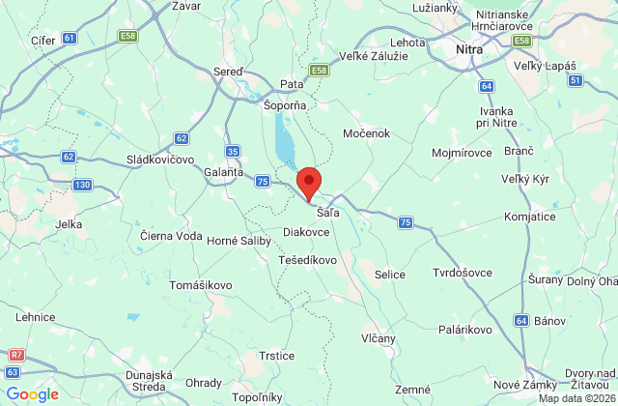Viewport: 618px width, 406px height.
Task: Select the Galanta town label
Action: (x=223, y=171)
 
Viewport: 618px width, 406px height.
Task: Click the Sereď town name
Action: (x=227, y=72)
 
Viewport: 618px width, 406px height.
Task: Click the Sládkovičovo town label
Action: (x=160, y=159)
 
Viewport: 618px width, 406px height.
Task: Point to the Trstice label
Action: (x=276, y=356)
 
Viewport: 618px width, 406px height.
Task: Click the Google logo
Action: (x=33, y=393)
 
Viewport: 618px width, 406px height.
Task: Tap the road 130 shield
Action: (x=82, y=185)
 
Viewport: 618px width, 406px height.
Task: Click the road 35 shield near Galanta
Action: (x=232, y=152)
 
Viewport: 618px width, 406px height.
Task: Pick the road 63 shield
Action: (x=12, y=372)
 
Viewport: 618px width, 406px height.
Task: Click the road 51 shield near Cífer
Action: (x=68, y=38)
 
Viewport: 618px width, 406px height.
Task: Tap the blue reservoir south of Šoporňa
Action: (x=284, y=140)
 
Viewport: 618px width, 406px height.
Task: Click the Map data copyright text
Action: (x=576, y=398)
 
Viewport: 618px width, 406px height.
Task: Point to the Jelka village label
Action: (x=69, y=223)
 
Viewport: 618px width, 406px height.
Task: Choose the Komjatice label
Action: (x=556, y=217)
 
